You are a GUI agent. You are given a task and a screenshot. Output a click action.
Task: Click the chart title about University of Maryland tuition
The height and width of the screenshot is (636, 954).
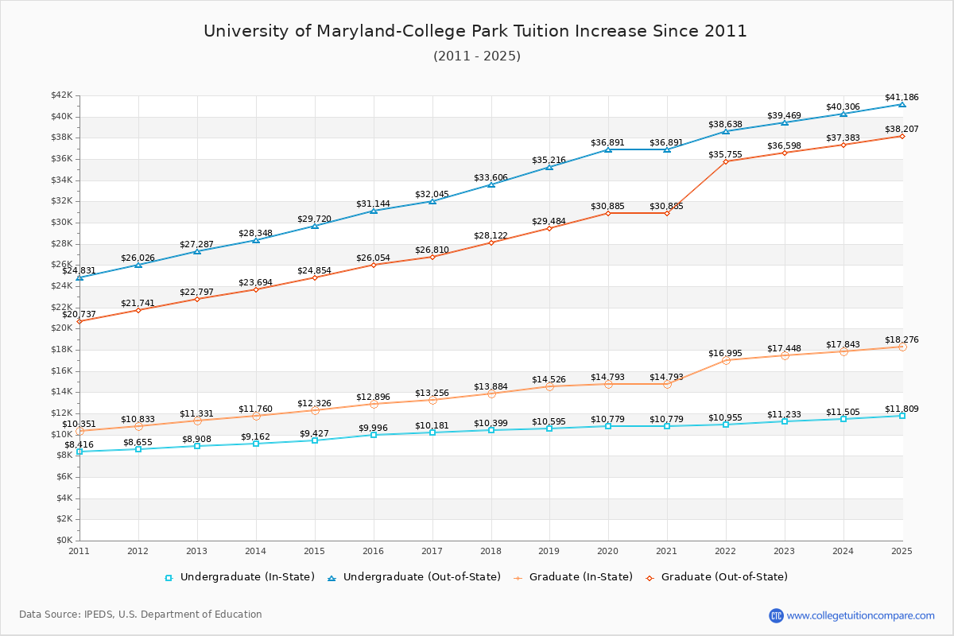pos(475,31)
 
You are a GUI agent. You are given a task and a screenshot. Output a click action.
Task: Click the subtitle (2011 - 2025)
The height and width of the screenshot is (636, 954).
pos(476,56)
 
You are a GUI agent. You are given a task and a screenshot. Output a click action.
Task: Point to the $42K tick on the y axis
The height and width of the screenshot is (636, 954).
pos(61,95)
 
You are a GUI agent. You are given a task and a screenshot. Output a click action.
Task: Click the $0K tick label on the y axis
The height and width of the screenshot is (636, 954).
pos(64,541)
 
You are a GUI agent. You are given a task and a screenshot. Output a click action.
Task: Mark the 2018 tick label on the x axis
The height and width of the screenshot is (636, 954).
pos(491,551)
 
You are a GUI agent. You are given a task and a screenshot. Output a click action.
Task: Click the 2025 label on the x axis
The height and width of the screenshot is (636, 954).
pos(902,551)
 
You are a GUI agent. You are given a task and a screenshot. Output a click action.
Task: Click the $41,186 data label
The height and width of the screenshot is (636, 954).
pos(902,97)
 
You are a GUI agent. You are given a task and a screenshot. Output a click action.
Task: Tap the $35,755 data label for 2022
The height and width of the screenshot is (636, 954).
pos(725,154)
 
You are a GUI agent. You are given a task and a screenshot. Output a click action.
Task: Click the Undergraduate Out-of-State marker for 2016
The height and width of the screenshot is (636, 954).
pos(374,211)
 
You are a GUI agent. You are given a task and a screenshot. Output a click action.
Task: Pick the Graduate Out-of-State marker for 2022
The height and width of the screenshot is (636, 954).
pos(725,161)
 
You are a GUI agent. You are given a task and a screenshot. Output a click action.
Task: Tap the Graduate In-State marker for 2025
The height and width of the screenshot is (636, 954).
pos(902,347)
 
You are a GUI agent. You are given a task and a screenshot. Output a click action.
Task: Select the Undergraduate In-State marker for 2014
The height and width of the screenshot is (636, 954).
pos(256,444)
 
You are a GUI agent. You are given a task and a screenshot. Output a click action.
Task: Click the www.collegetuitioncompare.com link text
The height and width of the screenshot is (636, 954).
pos(860,615)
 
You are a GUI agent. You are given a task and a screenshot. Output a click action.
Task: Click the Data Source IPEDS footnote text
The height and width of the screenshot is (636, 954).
pos(140,615)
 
